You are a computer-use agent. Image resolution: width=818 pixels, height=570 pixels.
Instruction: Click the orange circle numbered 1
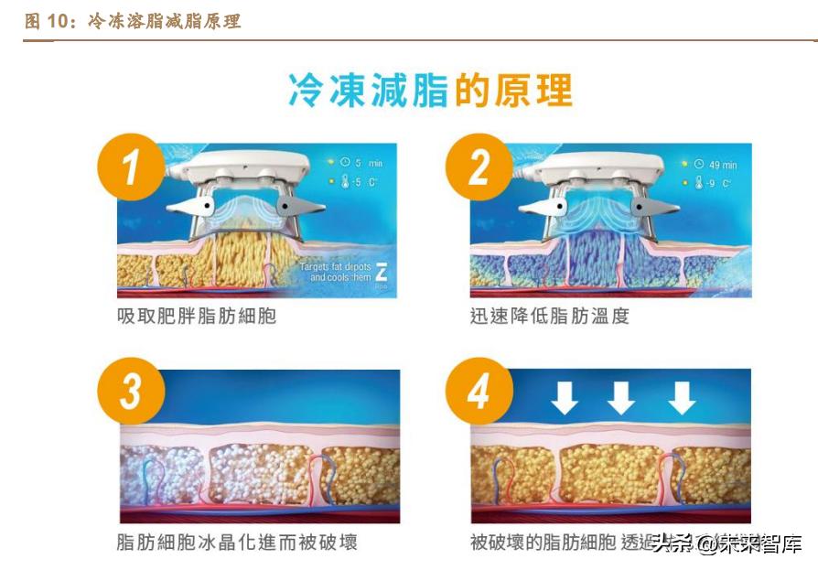131,169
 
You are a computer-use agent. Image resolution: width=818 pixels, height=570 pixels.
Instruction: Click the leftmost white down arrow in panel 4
565,397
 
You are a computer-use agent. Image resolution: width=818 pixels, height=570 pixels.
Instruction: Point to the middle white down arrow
622,397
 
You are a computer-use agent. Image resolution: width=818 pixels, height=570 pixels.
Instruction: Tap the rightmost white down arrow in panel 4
681,397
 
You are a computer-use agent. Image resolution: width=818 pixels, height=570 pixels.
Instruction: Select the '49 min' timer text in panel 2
722,165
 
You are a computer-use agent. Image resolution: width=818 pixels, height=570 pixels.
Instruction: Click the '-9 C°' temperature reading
718,184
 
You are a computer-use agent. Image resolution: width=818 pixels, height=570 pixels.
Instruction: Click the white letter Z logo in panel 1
382,272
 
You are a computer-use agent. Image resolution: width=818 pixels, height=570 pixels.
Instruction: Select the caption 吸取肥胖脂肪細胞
197,317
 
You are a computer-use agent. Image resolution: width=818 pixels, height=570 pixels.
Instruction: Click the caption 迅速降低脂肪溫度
550,317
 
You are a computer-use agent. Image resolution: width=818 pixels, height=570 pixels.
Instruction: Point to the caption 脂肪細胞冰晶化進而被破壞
237,543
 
